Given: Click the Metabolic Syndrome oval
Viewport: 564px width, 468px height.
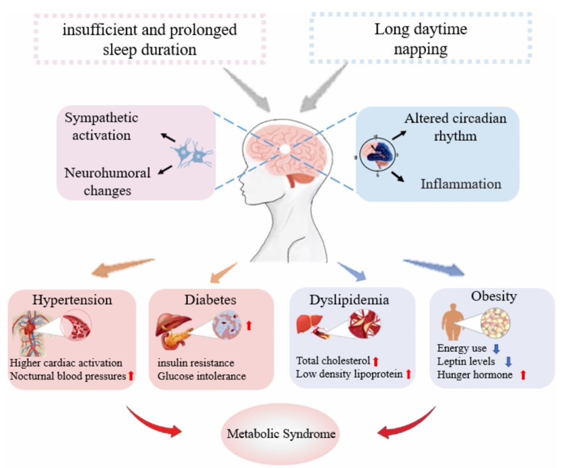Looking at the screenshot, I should click(x=281, y=435).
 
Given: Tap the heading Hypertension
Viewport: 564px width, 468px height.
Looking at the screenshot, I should click(x=73, y=300).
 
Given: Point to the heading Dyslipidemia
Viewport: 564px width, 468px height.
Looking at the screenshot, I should click(x=349, y=300).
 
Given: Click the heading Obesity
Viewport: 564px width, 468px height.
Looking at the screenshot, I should click(x=493, y=296).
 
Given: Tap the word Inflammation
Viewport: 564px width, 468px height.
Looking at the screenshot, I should click(x=461, y=184).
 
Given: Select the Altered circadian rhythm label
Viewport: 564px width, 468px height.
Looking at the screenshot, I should click(x=455, y=126).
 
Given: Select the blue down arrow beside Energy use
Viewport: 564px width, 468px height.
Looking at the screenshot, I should click(x=495, y=349).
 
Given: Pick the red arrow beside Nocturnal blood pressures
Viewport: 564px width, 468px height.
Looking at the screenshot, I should click(x=131, y=376).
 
